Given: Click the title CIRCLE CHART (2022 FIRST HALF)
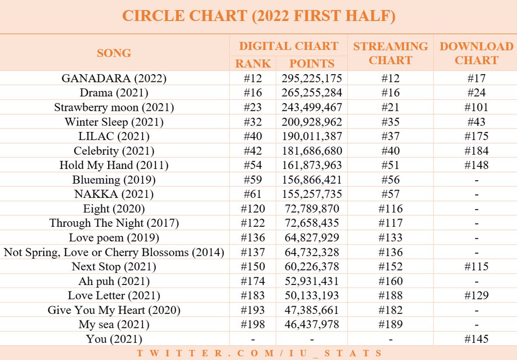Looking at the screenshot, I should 258,16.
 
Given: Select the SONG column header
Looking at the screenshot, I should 114,53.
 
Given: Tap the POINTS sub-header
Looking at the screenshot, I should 311,63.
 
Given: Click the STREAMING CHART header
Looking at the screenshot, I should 390,53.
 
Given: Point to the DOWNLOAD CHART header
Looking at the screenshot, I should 476,53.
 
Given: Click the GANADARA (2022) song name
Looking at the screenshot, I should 114,78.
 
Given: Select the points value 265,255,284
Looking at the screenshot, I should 311,93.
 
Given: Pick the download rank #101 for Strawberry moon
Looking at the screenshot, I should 476,107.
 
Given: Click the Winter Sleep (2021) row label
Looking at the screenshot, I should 114,122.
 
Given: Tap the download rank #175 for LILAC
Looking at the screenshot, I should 476,136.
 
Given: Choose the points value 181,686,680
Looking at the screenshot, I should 311,151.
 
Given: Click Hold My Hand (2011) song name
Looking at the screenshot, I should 114,165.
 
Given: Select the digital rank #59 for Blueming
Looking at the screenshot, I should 253,180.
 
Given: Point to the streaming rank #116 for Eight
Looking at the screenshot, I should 390,209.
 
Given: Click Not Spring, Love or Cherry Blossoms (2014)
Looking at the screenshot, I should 114,252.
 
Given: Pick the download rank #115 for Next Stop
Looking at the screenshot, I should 476,266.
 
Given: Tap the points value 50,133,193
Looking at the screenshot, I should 311,295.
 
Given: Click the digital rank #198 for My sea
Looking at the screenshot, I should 253,324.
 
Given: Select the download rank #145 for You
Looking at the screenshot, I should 476,339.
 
